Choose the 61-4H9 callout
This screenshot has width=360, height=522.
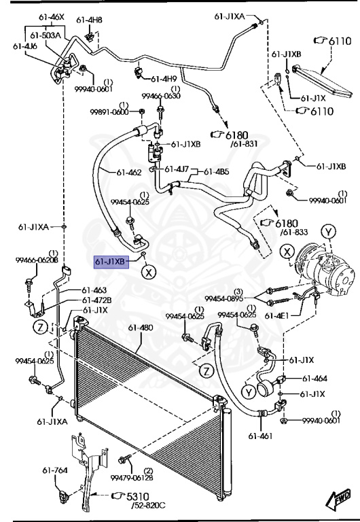(x=164, y=79)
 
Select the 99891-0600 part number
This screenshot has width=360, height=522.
(x=109, y=111)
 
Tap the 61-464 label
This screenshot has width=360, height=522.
(x=314, y=379)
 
